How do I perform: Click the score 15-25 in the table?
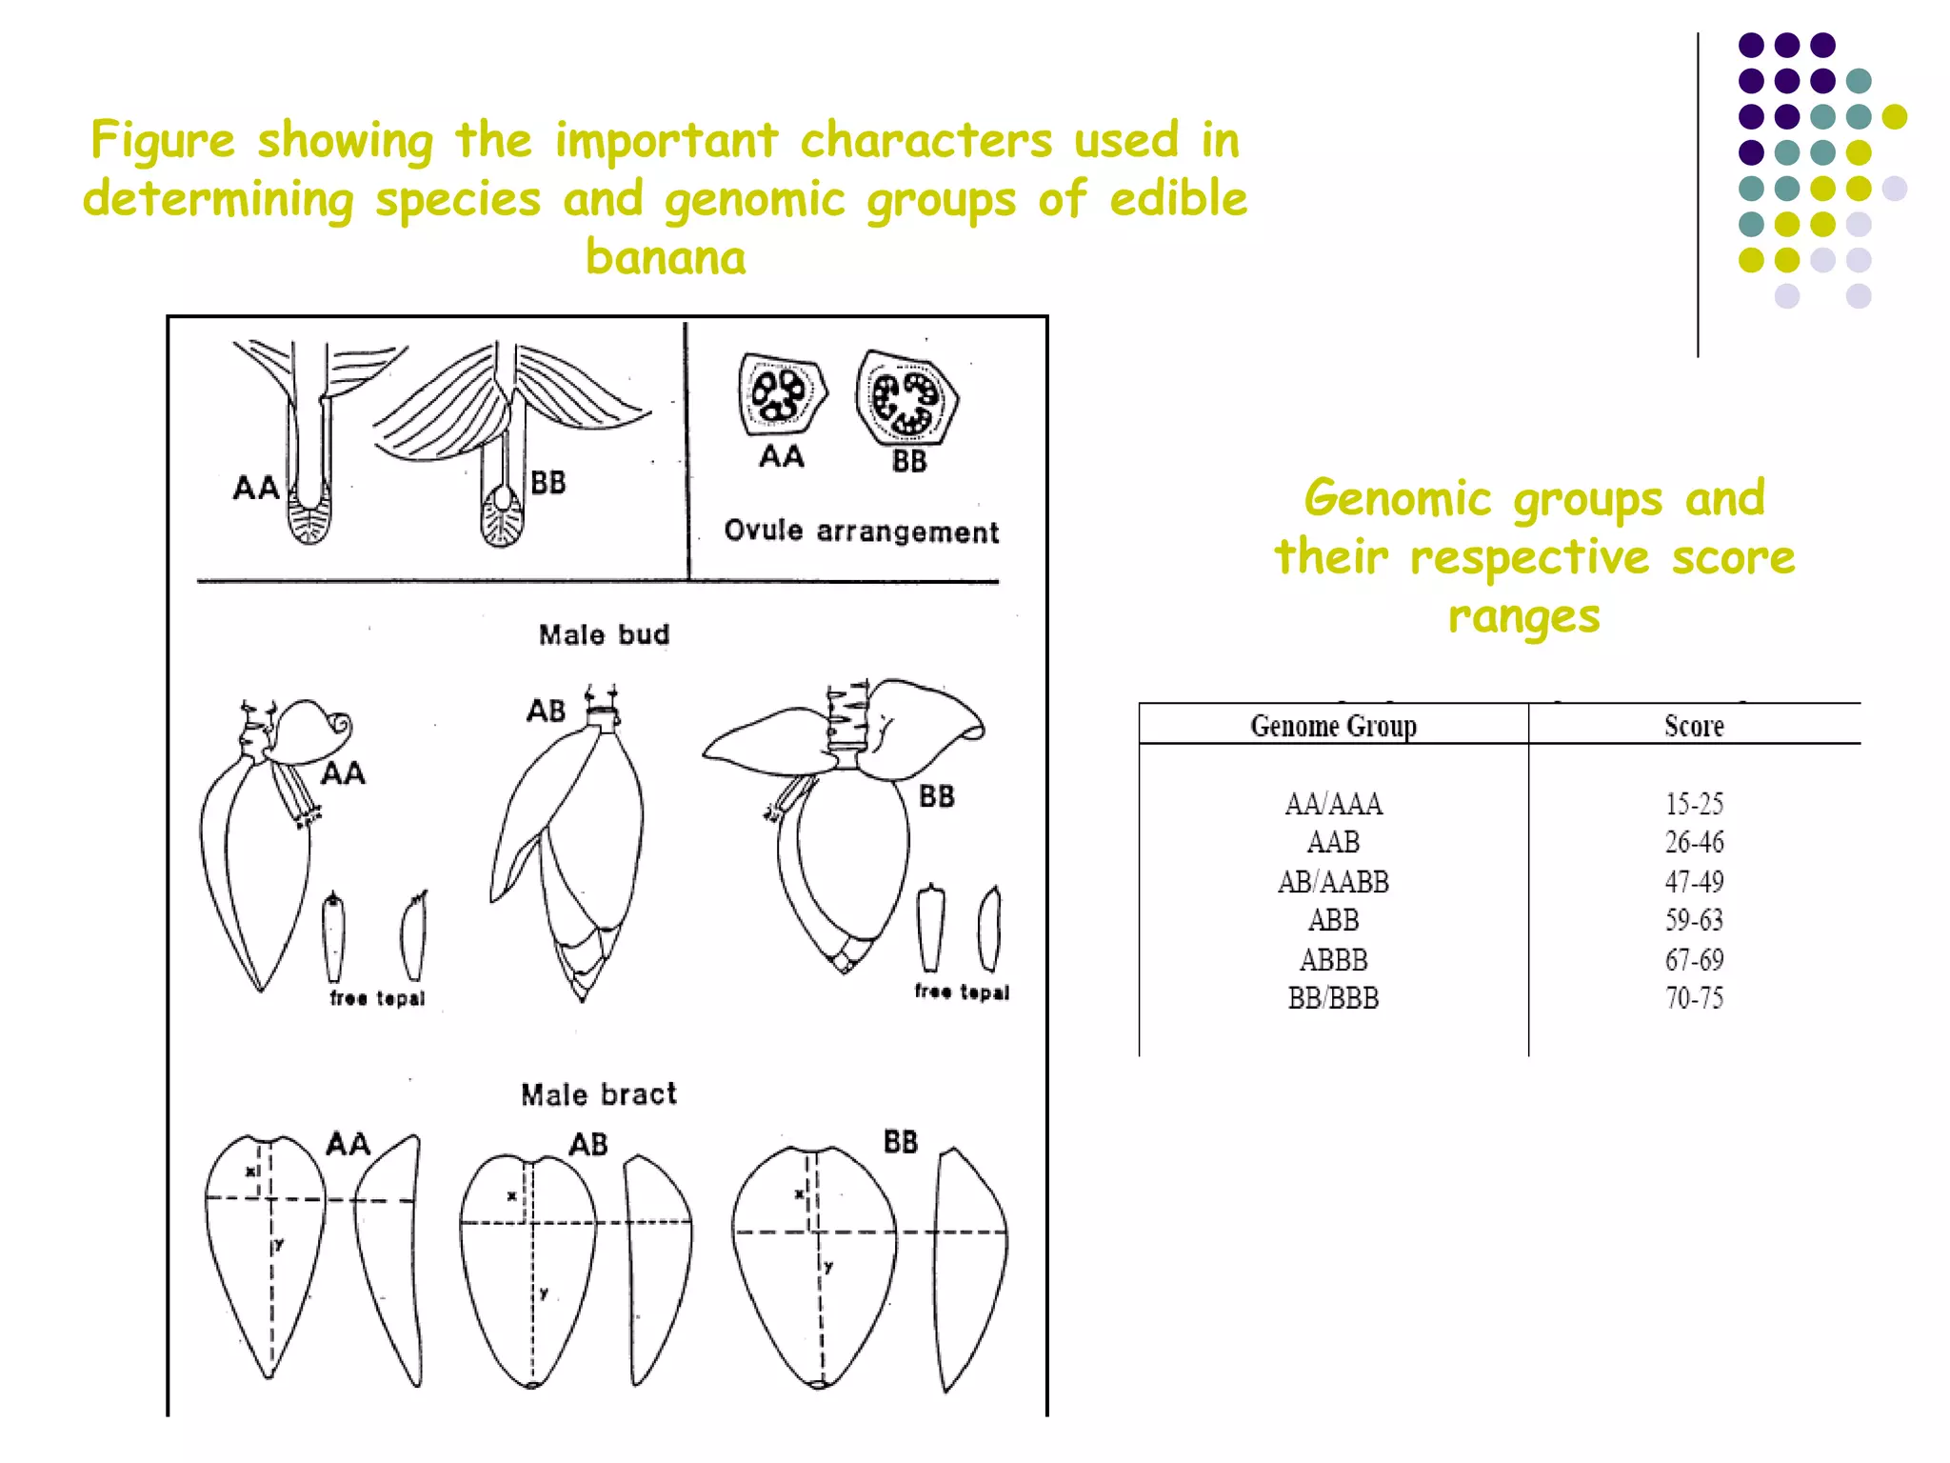[x=1693, y=804]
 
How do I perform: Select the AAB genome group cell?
[x=1333, y=842]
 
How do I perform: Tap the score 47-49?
[x=1693, y=882]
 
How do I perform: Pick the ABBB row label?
[x=1333, y=959]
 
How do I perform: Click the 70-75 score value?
[x=1693, y=998]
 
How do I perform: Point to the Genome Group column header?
[x=1333, y=726]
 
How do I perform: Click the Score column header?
[x=1693, y=726]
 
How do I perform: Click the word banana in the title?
[x=666, y=257]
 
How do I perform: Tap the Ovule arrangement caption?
[x=861, y=531]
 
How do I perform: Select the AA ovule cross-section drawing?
[x=780, y=394]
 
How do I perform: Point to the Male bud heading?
[x=604, y=634]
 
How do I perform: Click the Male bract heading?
[x=598, y=1094]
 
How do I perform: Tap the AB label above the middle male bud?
[x=547, y=711]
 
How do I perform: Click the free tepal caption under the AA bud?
[x=377, y=998]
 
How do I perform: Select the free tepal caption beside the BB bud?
[x=961, y=992]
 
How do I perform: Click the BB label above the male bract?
[x=900, y=1141]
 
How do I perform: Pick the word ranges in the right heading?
[x=1523, y=617]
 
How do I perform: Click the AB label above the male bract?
[x=587, y=1144]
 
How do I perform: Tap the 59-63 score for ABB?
[x=1693, y=920]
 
